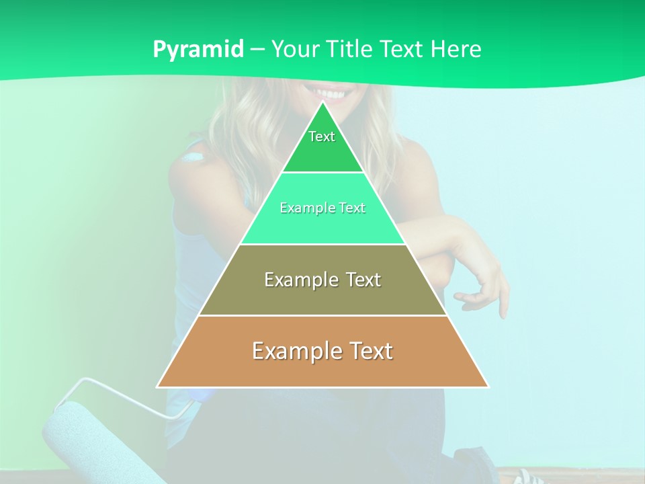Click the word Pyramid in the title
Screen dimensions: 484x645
tap(198, 49)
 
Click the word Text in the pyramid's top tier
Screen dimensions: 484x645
tap(322, 136)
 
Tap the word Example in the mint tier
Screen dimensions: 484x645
tap(302, 208)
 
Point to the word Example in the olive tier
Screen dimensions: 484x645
tap(294, 280)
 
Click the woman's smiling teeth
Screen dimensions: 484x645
tap(329, 93)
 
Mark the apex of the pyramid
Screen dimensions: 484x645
tap(323, 103)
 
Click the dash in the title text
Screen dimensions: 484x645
tap(257, 50)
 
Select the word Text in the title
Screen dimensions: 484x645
tap(402, 49)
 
